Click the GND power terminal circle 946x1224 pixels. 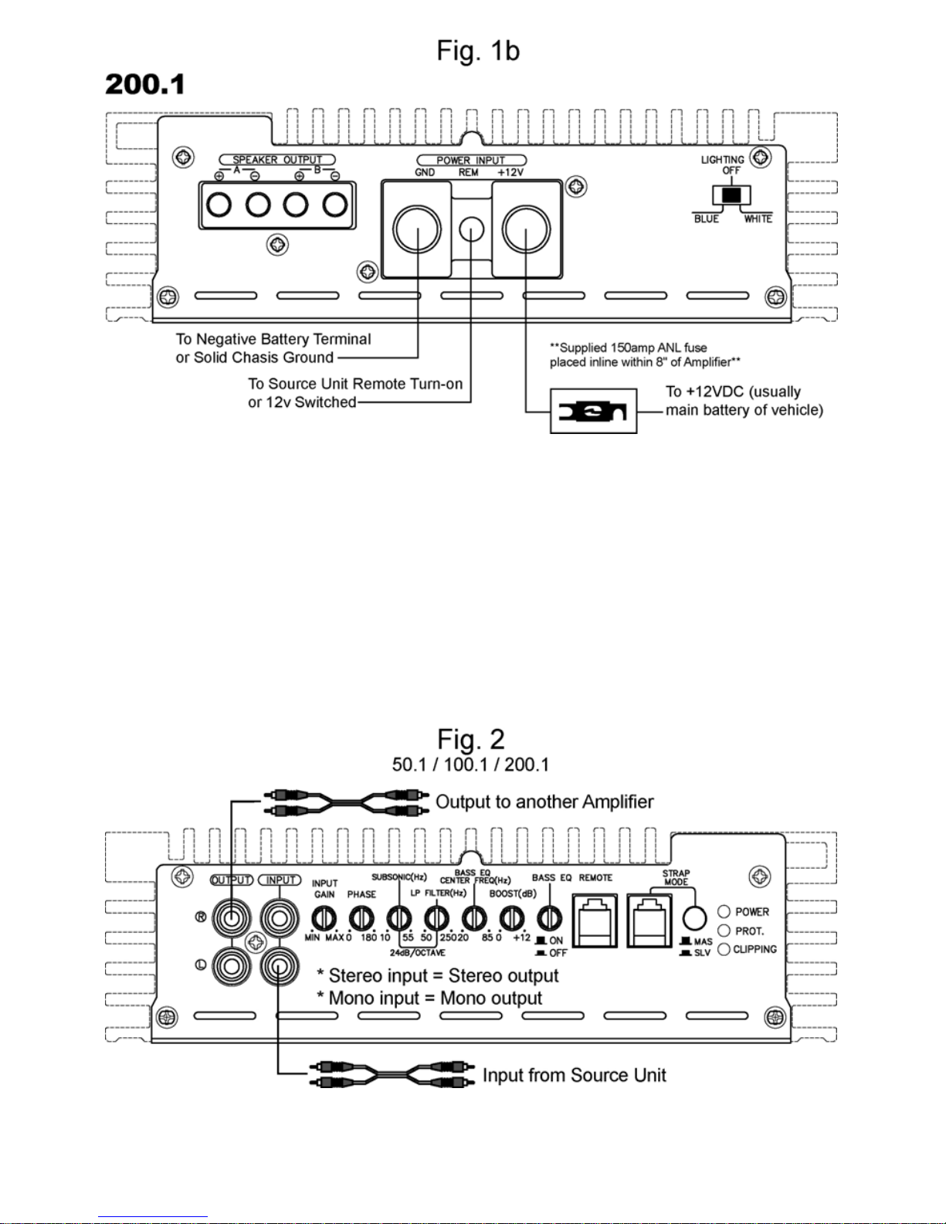[417, 229]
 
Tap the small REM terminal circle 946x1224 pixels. [471, 229]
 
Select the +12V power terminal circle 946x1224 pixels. [526, 229]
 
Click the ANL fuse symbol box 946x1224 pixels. [593, 412]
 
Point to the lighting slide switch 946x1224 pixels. [731, 195]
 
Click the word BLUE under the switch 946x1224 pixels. [706, 219]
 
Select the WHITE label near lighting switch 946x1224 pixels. [758, 219]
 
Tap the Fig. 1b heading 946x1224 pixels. [478, 51]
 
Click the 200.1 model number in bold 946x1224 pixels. [145, 84]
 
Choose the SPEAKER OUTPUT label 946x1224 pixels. [277, 160]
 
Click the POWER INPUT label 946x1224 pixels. [470, 161]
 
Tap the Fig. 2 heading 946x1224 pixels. [470, 739]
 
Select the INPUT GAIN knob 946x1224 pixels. [324, 919]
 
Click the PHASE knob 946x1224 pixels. [361, 919]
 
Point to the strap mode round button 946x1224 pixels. [695, 917]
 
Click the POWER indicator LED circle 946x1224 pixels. [724, 912]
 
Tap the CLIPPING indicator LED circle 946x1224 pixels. [724, 949]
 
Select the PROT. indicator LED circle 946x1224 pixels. [724, 931]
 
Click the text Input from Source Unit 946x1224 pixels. [574, 1076]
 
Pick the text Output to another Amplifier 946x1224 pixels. [544, 802]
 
